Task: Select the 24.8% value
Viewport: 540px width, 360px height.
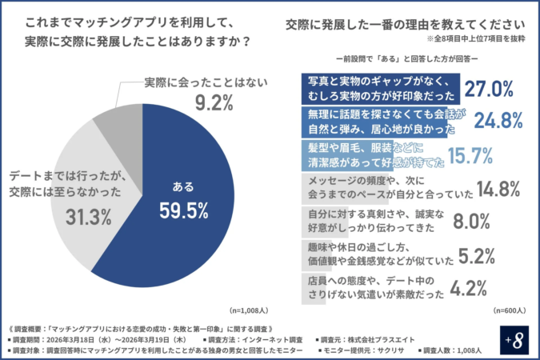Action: coord(498,121)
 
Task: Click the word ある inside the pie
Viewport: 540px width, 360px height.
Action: coord(182,187)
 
